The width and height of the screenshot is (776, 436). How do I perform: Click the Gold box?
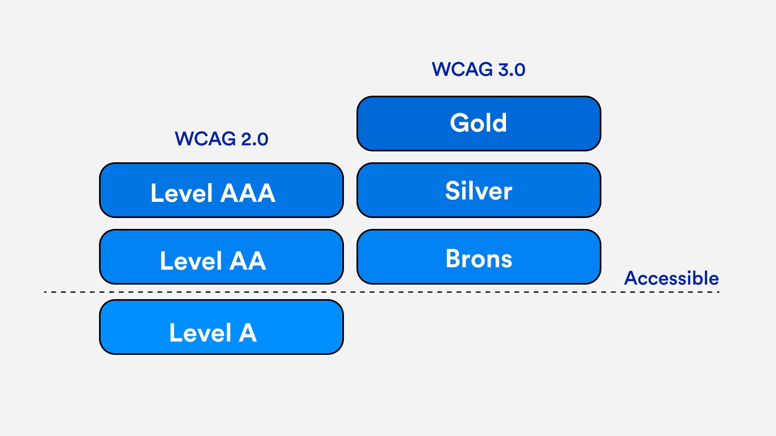coord(479,124)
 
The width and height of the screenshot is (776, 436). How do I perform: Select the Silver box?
coord(479,190)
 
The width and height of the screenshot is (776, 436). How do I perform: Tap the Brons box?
coord(479,257)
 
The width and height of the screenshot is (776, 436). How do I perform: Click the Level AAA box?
coord(221,190)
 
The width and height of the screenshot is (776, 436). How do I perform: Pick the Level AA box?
coord(221,257)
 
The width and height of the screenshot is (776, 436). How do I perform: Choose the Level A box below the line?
coord(221,327)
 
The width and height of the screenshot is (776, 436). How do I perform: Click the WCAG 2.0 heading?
coord(221,139)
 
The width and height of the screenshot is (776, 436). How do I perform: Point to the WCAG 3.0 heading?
coord(479,69)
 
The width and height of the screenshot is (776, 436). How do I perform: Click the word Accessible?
coord(671,278)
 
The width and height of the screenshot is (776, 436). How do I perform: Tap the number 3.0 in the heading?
coord(511,70)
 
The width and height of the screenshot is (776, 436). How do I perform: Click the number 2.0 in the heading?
coord(254,139)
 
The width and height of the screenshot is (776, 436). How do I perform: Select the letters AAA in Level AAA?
coord(248,193)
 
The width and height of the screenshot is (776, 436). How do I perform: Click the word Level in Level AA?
coord(191,261)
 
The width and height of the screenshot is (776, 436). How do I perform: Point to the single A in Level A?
coord(247,333)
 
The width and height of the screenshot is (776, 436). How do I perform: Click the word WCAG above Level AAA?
coord(205,139)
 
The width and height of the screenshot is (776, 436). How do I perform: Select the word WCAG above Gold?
coord(462,69)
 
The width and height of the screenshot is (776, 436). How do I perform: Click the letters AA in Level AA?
coord(248,261)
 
